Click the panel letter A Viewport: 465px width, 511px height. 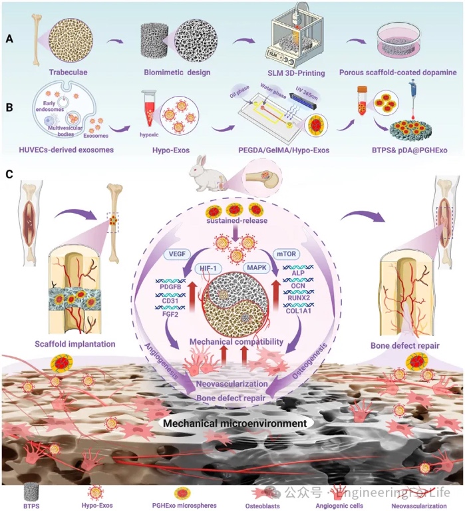tap(9, 38)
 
